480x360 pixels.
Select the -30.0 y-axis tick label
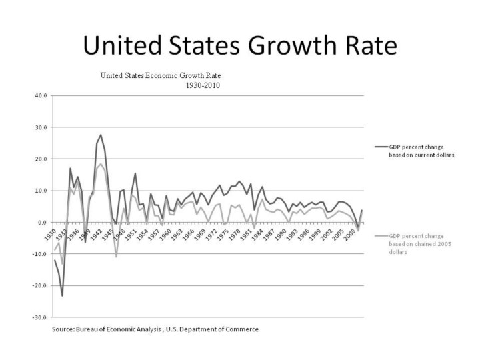(40, 317)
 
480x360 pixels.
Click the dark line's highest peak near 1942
(101, 135)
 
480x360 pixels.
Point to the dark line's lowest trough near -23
(62, 295)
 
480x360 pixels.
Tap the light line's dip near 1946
(117, 257)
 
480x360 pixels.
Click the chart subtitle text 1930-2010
(203, 85)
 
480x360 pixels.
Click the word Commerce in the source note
(242, 330)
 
